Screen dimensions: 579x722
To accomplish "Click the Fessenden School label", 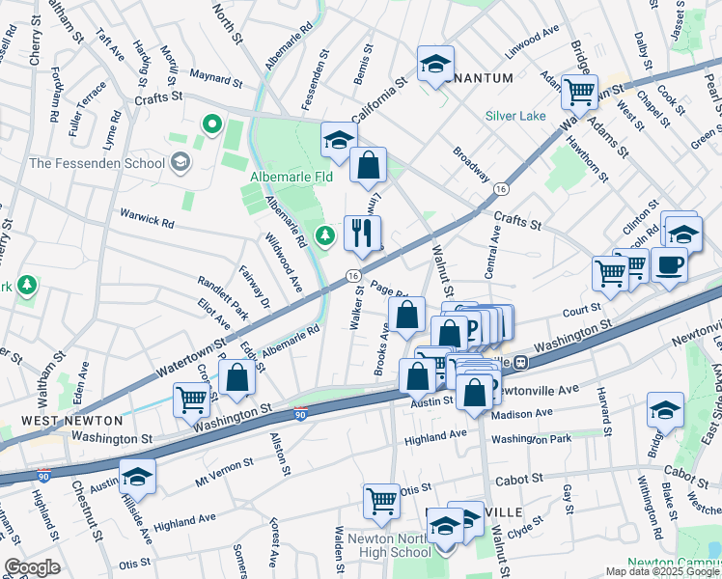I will [97, 162].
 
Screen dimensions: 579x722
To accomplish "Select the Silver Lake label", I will [515, 115].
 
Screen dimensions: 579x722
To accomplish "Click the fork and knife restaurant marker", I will [363, 233].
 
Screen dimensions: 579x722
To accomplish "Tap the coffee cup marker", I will [669, 264].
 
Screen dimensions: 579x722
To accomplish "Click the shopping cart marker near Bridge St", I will [579, 93].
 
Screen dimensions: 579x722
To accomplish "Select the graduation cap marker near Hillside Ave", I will [137, 476].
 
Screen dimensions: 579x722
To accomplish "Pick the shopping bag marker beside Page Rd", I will [406, 314].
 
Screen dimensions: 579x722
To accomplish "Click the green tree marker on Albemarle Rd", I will [326, 234].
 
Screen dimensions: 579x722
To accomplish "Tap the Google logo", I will [32, 567].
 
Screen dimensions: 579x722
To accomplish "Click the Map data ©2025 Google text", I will [662, 571].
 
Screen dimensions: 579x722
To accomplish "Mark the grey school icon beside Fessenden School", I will [179, 162].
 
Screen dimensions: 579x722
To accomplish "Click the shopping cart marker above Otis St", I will [381, 501].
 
